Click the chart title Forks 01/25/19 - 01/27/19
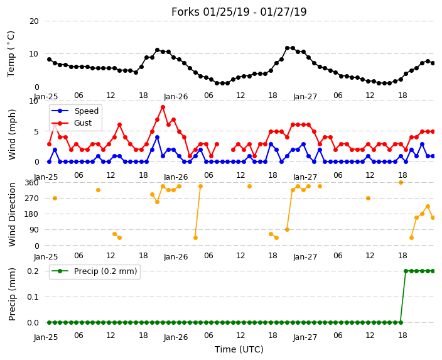pos(239,12)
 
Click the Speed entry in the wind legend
pos(86,111)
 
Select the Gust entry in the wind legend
pos(83,123)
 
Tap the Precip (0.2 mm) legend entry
pos(105,271)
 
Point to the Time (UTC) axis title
pos(239,349)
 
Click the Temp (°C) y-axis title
pos(11,54)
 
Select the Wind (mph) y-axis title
pos(11,134)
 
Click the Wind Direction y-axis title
pos(12,214)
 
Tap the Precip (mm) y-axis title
pos(11,294)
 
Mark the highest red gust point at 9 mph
pos(163,107)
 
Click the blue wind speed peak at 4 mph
pos(158,138)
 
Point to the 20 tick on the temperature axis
pos(34,21)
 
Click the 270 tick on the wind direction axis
pos(31,199)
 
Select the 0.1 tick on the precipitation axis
pos(33,297)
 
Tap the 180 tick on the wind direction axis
pos(31,214)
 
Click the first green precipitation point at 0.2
pos(406,271)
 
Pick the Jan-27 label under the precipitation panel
pos(305,337)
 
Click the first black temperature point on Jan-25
pos(50,59)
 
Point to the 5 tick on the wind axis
pos(36,131)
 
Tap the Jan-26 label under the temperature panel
pos(176,97)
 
